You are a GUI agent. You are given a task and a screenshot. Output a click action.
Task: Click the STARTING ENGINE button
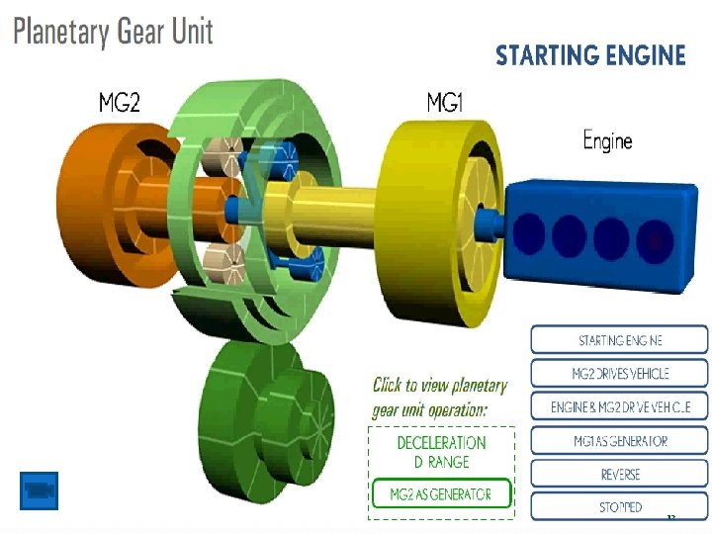[620, 340]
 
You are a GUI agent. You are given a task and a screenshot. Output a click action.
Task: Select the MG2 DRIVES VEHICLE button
[620, 374]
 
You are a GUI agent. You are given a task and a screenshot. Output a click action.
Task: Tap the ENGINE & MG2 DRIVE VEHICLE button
[620, 406]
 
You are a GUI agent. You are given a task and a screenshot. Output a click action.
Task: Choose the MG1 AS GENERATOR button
[620, 441]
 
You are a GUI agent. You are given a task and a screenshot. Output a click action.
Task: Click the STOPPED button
[620, 506]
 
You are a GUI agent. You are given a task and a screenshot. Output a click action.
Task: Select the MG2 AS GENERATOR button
[441, 494]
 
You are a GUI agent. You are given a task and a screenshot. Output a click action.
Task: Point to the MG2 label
[120, 102]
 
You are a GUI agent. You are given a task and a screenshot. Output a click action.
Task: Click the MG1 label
[446, 102]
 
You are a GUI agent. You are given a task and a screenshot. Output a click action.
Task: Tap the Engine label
[607, 140]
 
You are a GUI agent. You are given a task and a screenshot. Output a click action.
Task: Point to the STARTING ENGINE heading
[590, 54]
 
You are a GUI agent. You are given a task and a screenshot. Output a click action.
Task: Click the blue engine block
[603, 235]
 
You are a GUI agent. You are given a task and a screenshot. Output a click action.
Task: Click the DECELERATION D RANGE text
[441, 452]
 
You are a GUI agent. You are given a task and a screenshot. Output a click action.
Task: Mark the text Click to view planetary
[440, 386]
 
